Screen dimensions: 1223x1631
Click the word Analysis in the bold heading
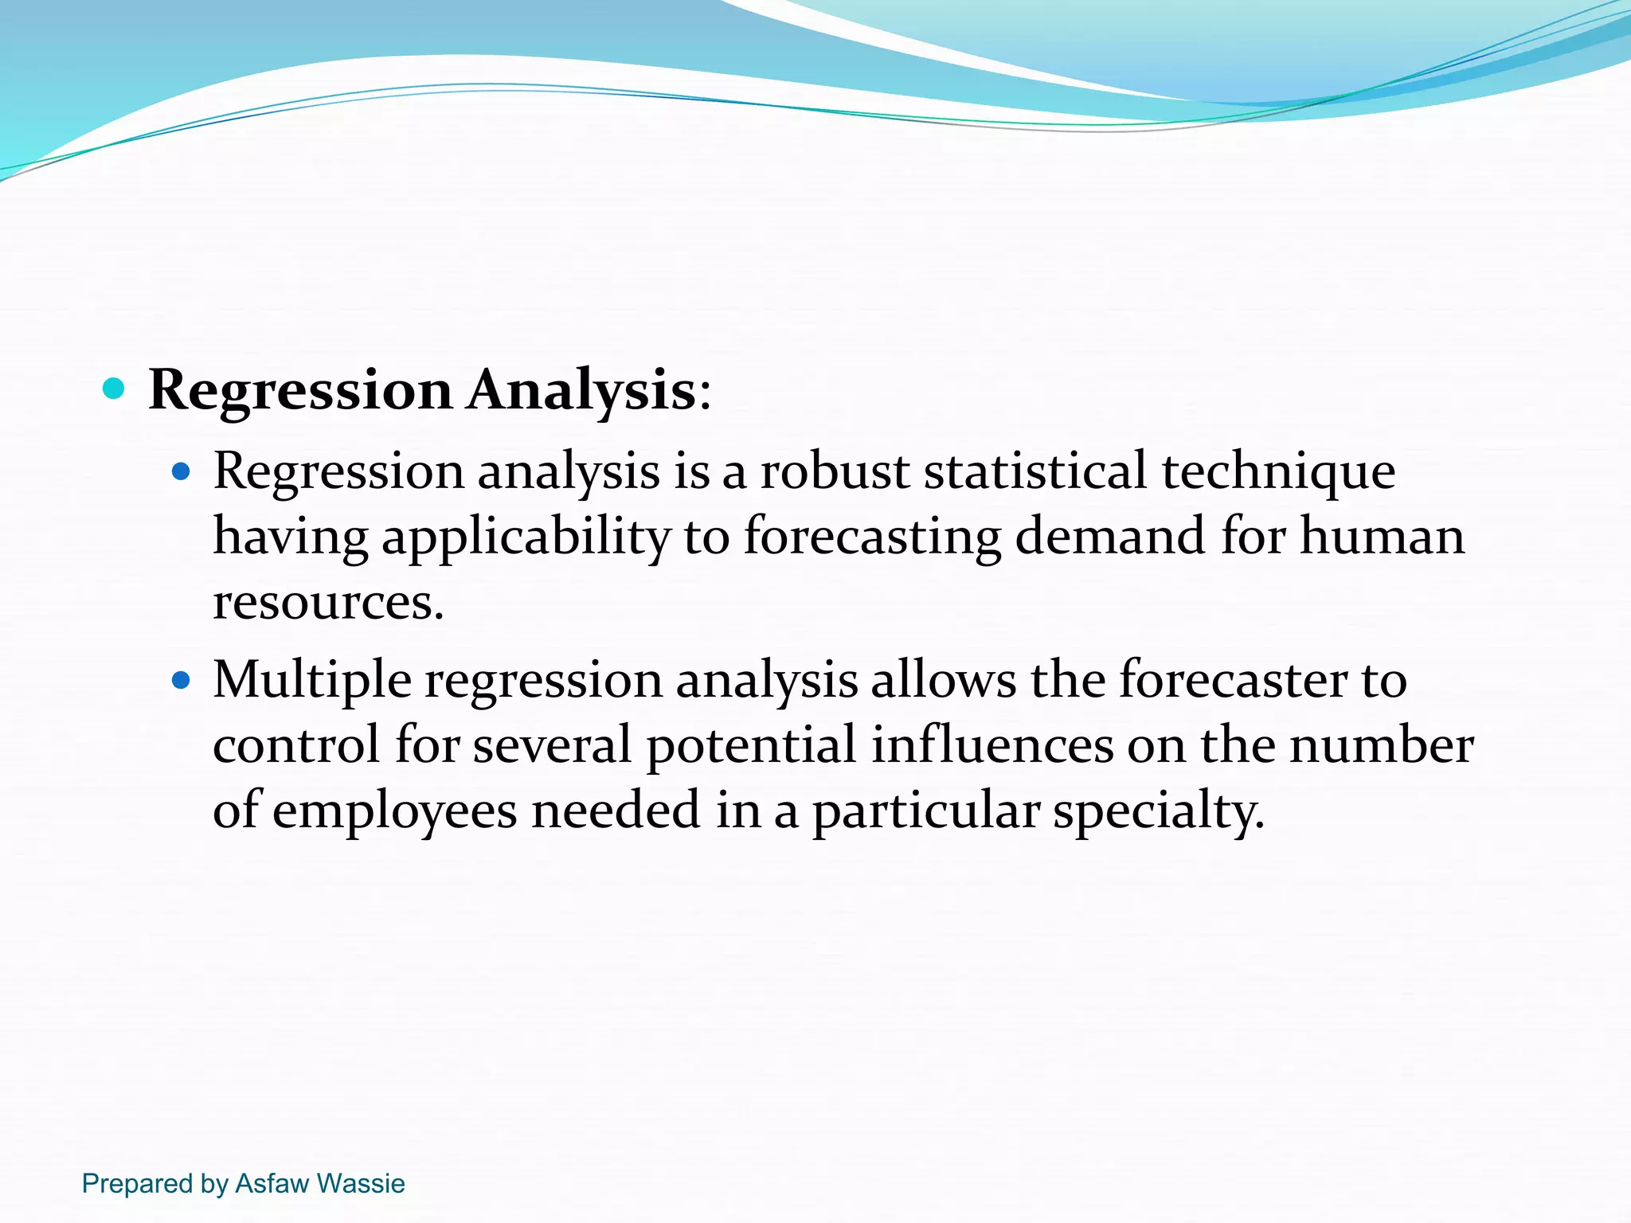click(582, 392)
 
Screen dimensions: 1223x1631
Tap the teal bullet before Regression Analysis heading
click(115, 389)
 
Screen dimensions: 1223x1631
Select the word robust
click(835, 471)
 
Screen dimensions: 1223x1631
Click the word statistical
click(1035, 471)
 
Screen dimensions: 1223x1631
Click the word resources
click(327, 603)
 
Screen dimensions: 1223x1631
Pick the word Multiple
click(312, 682)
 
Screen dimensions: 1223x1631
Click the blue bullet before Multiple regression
click(182, 681)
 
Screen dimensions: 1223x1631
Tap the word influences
click(992, 746)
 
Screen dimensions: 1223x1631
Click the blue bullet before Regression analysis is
click(182, 471)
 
